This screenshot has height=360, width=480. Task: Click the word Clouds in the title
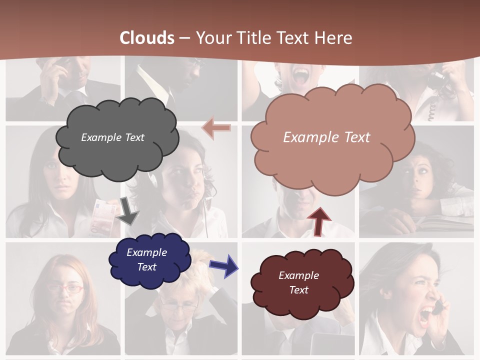tap(147, 38)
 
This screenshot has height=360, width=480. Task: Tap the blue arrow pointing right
tap(223, 265)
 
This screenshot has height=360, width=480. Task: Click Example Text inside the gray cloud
tap(112, 137)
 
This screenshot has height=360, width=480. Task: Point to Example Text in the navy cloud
tap(146, 259)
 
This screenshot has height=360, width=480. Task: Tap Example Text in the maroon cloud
tap(298, 282)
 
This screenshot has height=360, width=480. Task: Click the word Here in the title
tap(334, 38)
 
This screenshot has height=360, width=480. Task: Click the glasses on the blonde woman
tap(178, 306)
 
